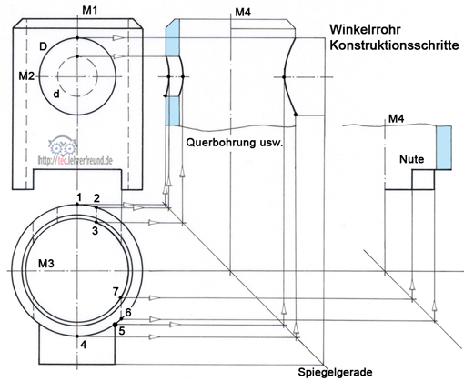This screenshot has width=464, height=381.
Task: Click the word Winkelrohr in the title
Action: click(x=365, y=30)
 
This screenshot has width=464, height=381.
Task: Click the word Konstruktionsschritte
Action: click(x=394, y=45)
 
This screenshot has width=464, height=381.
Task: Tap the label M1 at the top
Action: click(x=90, y=10)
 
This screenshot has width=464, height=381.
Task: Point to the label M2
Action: click(x=26, y=76)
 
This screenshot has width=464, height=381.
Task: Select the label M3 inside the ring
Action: click(x=46, y=264)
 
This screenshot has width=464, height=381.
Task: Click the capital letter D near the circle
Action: click(x=44, y=46)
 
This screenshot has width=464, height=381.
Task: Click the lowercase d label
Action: click(x=56, y=95)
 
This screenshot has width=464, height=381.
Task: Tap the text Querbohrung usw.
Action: click(x=234, y=142)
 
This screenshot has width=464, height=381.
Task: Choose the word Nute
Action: click(x=411, y=159)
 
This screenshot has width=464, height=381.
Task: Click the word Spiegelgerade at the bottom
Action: click(x=335, y=372)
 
